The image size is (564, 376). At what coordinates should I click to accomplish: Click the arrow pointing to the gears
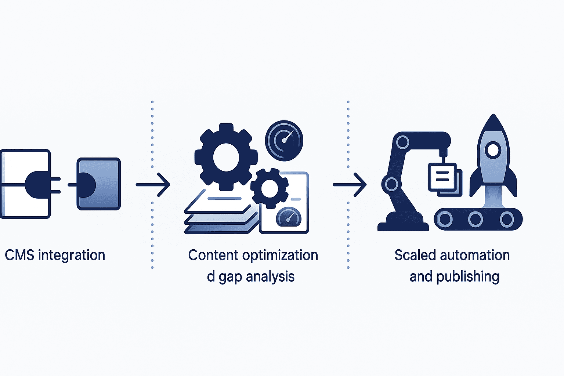(x=153, y=184)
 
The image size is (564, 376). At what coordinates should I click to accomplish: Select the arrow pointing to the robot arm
(x=350, y=184)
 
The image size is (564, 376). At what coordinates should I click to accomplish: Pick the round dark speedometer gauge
(x=284, y=140)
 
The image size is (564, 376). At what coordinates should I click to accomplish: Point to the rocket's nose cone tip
(x=493, y=117)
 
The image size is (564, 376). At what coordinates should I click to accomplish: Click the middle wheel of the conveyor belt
(x=475, y=219)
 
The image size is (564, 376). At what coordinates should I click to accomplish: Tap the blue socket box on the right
(x=98, y=184)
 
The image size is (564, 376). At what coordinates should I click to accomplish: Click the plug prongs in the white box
(x=55, y=185)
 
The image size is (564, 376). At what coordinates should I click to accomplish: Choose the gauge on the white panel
(x=288, y=217)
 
